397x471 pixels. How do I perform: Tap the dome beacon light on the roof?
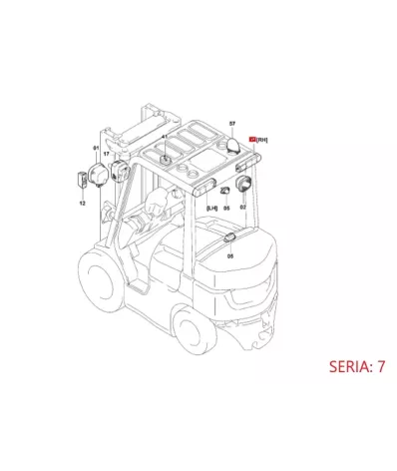pyautogui.click(x=232, y=144)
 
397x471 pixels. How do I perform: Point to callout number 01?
pyautogui.click(x=97, y=148)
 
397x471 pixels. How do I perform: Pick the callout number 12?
pyautogui.click(x=83, y=203)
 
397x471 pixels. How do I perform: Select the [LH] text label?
pyautogui.click(x=210, y=208)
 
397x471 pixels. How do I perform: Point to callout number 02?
pyautogui.click(x=241, y=209)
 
